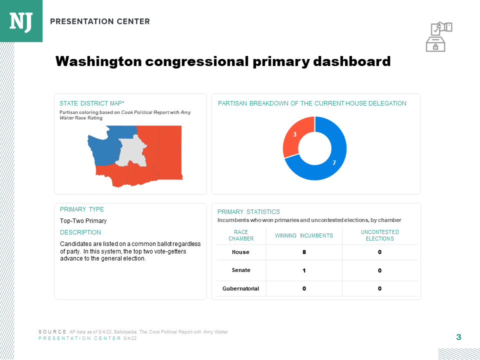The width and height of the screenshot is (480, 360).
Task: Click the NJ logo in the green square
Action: (21, 20)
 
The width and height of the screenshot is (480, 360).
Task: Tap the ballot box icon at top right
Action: (438, 36)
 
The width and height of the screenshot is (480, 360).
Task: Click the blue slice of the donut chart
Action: (335, 160)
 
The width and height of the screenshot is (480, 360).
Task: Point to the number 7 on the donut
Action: (334, 163)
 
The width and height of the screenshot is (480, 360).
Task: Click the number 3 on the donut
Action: (294, 134)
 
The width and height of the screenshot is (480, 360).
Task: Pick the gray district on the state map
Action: (132, 150)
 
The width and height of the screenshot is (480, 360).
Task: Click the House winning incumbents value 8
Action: (304, 252)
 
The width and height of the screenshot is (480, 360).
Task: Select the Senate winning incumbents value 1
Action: (304, 270)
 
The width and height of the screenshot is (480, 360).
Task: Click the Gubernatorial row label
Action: (240, 288)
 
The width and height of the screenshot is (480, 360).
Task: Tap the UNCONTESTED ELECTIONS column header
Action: (379, 235)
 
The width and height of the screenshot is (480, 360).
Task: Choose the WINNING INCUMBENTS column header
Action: (304, 235)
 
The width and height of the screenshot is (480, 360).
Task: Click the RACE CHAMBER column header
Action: (240, 235)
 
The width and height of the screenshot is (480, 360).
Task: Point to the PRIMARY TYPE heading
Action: (82, 209)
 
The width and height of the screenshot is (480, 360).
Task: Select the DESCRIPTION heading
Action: (80, 232)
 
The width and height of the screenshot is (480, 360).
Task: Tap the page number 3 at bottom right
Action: (458, 337)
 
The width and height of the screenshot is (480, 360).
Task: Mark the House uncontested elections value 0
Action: (379, 252)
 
